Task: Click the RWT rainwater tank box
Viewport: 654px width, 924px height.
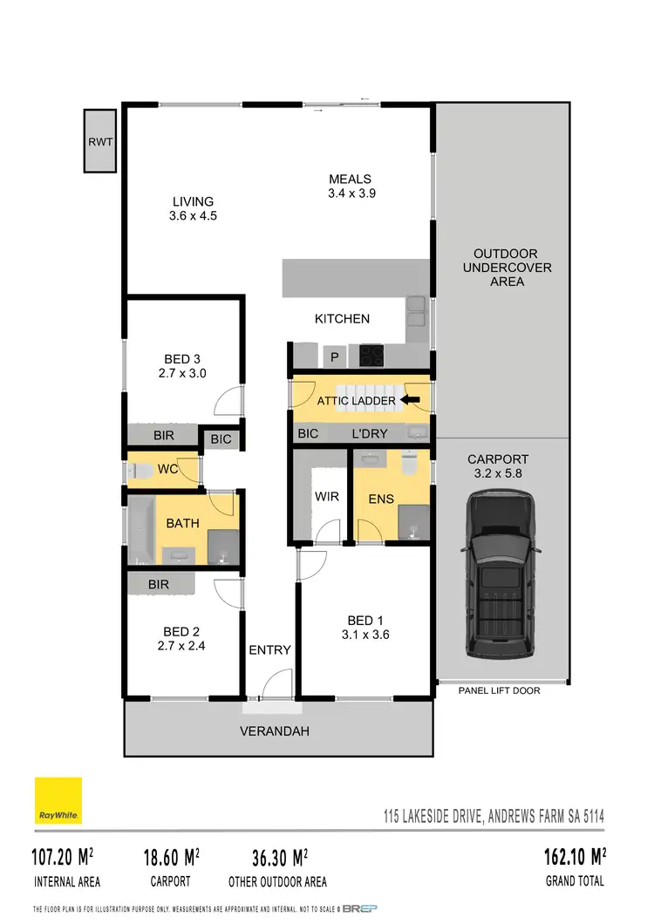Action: point(100,140)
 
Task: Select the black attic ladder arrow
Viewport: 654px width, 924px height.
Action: point(408,400)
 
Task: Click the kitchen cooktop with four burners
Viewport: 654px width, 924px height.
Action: point(371,355)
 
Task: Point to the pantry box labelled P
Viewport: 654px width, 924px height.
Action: point(334,356)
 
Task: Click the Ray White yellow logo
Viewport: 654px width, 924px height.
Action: point(58,800)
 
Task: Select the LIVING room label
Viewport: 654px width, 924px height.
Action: point(193,201)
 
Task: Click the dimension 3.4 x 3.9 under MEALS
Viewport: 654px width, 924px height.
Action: point(351,194)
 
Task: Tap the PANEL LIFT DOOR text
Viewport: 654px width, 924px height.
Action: point(499,690)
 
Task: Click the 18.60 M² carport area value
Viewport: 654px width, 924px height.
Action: point(172,857)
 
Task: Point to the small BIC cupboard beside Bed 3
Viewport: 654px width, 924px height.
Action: point(221,439)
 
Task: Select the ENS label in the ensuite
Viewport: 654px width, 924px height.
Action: point(382,499)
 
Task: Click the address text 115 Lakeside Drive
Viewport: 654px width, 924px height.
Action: point(494,818)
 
